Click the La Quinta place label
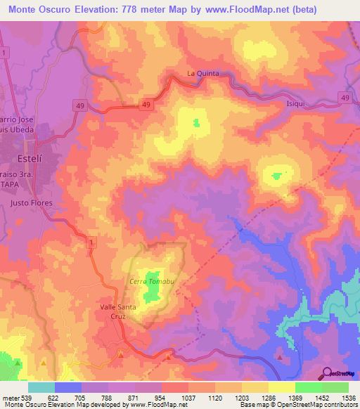pos(203,73)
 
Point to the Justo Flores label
pos(31,202)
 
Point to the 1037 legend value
pos(188,397)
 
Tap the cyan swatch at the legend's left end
pos(41,387)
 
